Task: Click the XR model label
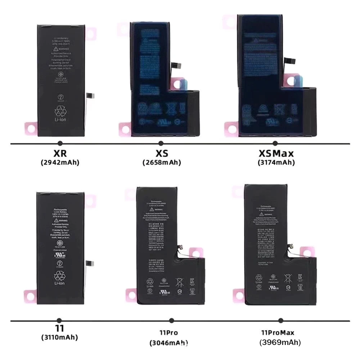60,154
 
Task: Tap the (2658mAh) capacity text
162,163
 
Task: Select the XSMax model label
276,154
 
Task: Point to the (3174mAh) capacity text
276,163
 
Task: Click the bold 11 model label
59,328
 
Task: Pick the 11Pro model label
169,333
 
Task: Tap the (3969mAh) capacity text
280,342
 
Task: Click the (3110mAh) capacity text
59,337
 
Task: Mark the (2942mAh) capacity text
60,162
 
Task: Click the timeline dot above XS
161,144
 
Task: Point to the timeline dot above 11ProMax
280,320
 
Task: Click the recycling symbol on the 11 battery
60,276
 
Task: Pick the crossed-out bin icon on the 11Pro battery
179,282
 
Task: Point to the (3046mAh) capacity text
169,343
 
